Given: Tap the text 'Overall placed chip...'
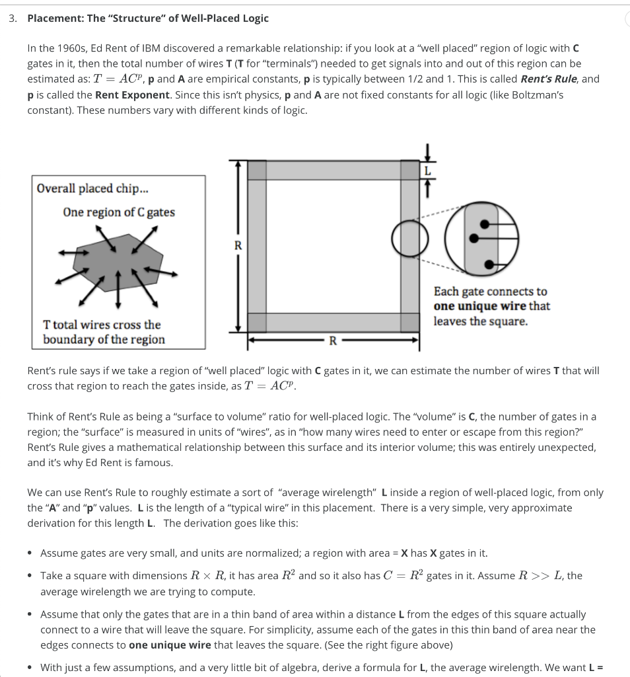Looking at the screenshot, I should pyautogui.click(x=92, y=188).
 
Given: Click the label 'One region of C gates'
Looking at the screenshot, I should pyautogui.click(x=119, y=212).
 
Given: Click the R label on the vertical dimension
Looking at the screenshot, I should pyautogui.click(x=238, y=245).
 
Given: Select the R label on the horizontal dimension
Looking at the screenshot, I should pyautogui.click(x=332, y=341).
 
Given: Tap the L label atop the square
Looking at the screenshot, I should pyautogui.click(x=427, y=170).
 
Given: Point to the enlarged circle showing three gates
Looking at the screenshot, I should pyautogui.click(x=480, y=239).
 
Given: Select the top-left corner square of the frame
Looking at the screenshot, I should pyautogui.click(x=257, y=169).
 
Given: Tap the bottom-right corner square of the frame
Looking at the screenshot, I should pyautogui.click(x=410, y=322).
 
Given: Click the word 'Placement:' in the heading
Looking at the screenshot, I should pyautogui.click(x=55, y=19).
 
